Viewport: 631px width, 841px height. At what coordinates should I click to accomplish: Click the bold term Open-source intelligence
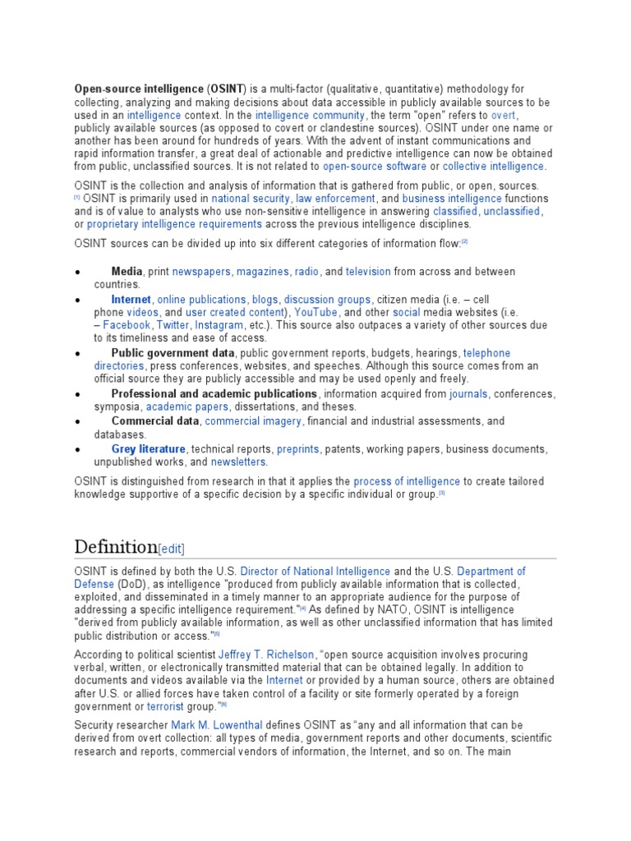pyautogui.click(x=138, y=89)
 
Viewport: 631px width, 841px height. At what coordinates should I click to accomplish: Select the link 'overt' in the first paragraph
pyautogui.click(x=504, y=115)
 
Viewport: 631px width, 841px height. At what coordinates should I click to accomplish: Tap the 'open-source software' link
pyautogui.click(x=374, y=167)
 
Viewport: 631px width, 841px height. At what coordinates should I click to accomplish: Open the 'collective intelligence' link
pyautogui.click(x=493, y=167)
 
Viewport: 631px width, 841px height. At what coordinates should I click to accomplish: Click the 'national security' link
pyautogui.click(x=251, y=199)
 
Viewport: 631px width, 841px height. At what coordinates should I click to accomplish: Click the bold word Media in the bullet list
pyautogui.click(x=127, y=272)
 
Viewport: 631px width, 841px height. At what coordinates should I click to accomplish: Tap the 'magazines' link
pyautogui.click(x=263, y=272)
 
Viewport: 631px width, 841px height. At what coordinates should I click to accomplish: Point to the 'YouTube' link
pyautogui.click(x=315, y=313)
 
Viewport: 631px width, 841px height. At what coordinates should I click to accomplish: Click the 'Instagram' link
pyautogui.click(x=219, y=325)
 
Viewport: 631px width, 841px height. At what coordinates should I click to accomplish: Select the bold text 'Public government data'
pyautogui.click(x=173, y=353)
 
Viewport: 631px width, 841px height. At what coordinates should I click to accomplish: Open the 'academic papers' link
pyautogui.click(x=189, y=407)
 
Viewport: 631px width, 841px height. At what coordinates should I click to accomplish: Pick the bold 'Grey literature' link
pyautogui.click(x=149, y=449)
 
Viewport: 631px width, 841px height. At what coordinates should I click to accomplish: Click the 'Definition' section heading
pyautogui.click(x=115, y=547)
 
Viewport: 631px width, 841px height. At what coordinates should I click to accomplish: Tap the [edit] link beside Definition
pyautogui.click(x=172, y=549)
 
